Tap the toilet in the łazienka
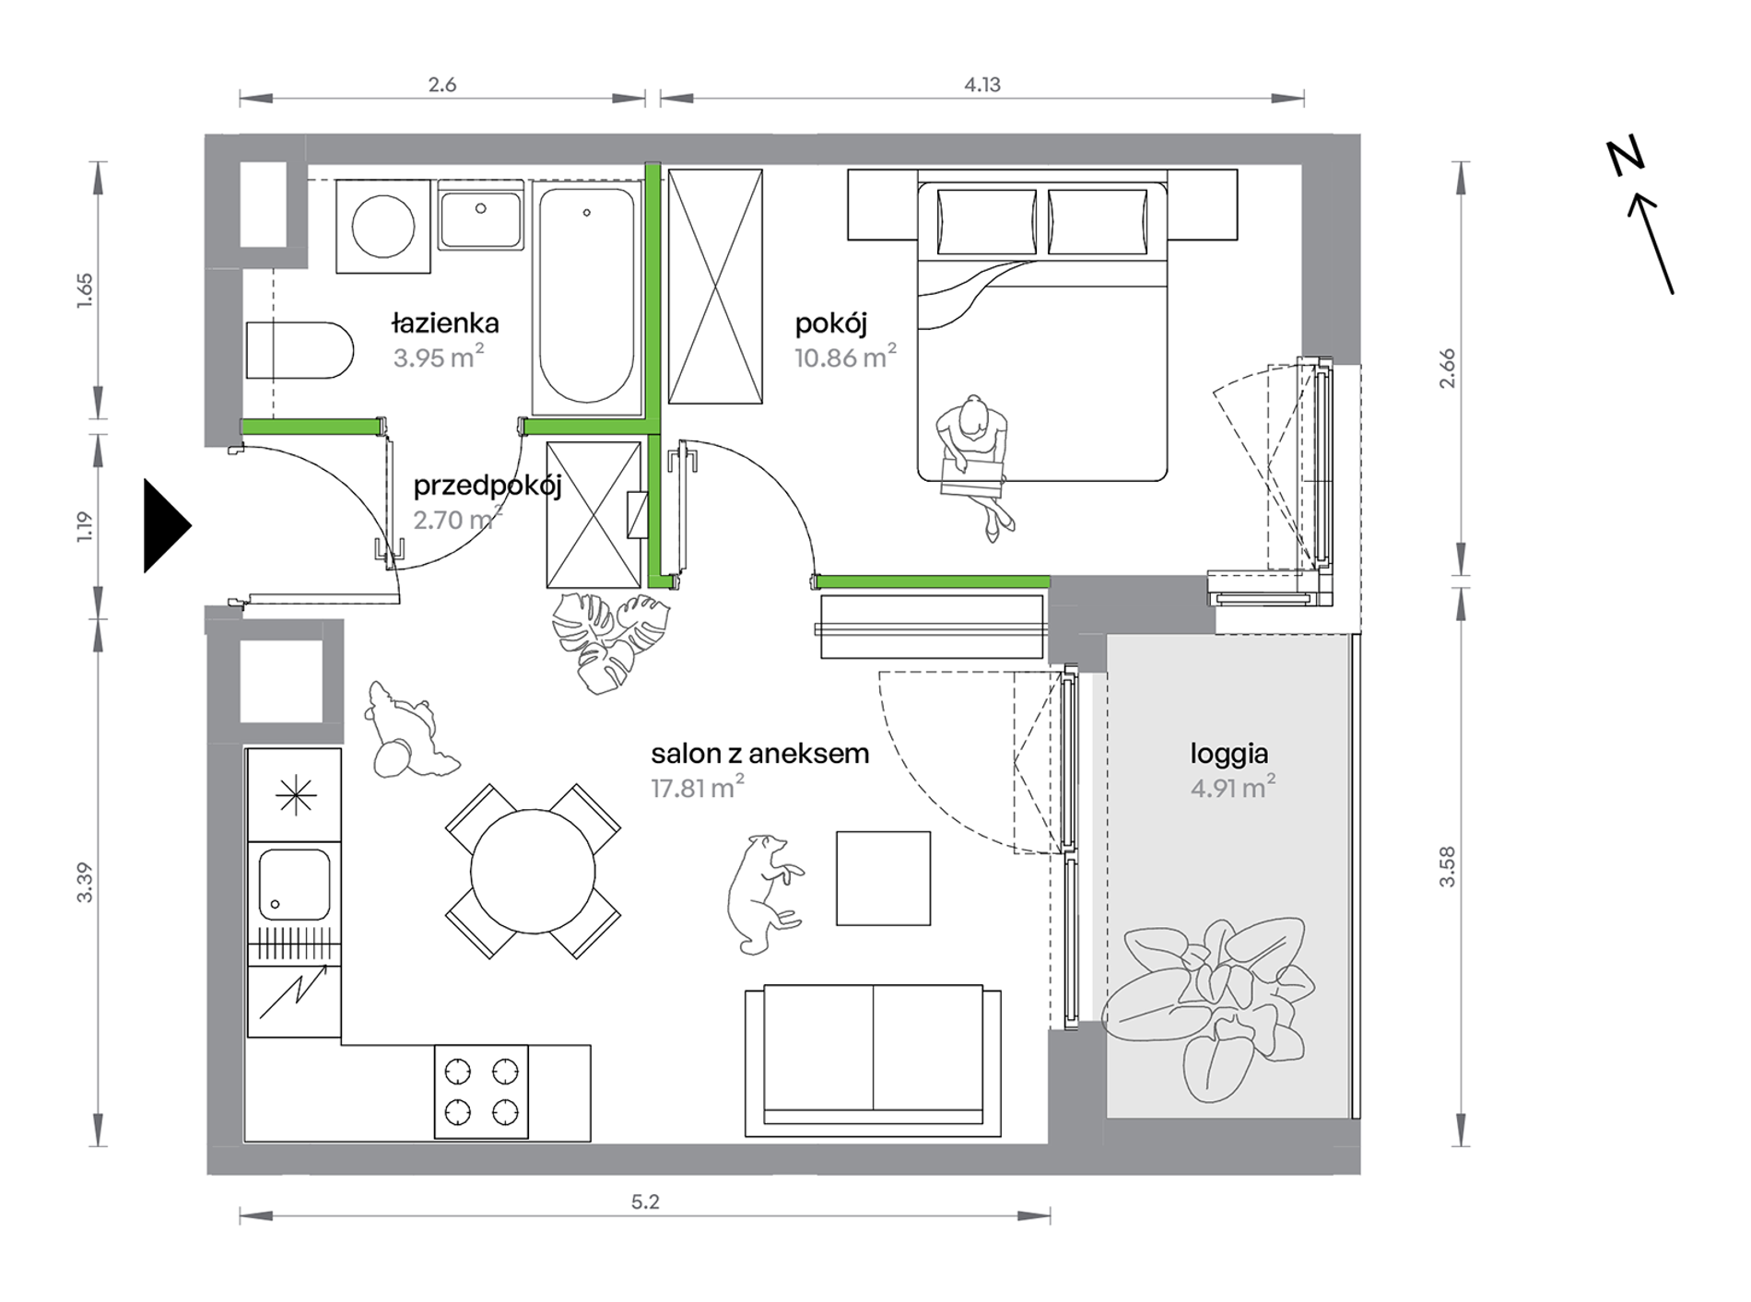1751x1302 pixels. click(x=300, y=350)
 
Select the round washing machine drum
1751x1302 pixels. click(x=383, y=227)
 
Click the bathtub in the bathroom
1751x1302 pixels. click(x=587, y=298)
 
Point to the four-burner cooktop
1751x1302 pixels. click(x=481, y=1092)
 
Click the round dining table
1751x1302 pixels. click(x=533, y=872)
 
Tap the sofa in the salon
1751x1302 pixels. click(x=873, y=1060)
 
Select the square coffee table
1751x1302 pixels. click(x=883, y=878)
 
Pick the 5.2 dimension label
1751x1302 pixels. click(x=645, y=1202)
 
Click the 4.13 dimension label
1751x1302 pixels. click(x=982, y=85)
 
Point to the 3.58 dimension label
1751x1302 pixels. click(x=1447, y=866)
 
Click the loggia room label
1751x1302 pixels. click(x=1229, y=754)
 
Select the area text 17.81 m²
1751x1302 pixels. click(x=698, y=788)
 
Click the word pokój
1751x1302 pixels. click(x=831, y=323)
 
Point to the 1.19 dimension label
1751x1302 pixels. click(x=85, y=526)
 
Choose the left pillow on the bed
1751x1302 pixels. click(x=986, y=221)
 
